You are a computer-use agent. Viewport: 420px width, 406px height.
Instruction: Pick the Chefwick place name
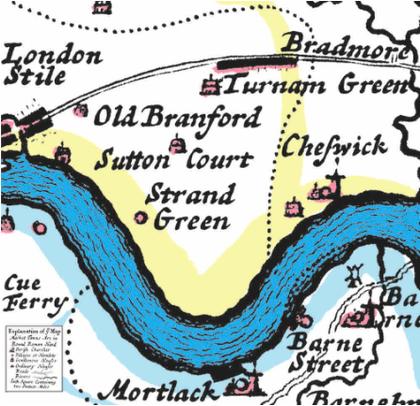(x=334, y=146)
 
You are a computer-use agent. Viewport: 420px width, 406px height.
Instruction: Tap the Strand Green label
(x=190, y=207)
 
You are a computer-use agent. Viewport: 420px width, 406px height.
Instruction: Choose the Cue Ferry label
(x=34, y=293)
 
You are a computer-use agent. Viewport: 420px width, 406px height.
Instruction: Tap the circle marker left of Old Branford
(x=81, y=110)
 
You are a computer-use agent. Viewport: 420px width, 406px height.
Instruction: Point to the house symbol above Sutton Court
(x=175, y=143)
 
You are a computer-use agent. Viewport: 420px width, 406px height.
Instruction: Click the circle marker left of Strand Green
(x=140, y=218)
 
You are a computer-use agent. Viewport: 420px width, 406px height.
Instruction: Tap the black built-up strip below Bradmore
(x=254, y=62)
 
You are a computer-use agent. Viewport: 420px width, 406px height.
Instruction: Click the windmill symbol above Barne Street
(x=354, y=276)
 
